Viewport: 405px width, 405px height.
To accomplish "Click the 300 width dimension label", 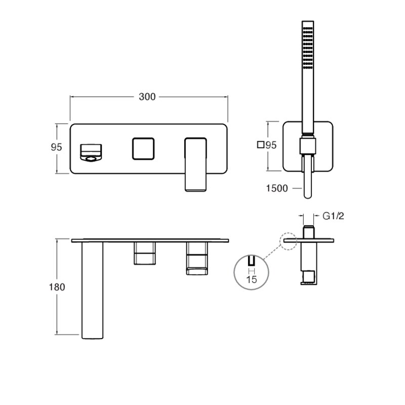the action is pos(147,97).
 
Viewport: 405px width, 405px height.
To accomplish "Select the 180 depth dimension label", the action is pos(57,287).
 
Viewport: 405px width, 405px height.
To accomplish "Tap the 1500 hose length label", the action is pos(277,188).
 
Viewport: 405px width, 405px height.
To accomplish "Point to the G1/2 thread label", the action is pos(333,216).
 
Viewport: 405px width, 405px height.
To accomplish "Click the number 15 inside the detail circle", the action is pos(251,279).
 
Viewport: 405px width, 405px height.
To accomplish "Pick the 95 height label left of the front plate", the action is pos(56,147).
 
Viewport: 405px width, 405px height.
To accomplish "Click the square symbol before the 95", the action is pos(261,145).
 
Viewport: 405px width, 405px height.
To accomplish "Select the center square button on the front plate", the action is pos(143,149).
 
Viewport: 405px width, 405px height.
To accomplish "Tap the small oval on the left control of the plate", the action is pos(91,159).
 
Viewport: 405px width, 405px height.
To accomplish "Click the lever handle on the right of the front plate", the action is pos(195,165).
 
